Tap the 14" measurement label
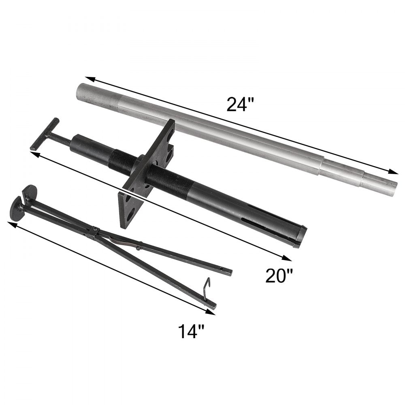click(190, 332)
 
